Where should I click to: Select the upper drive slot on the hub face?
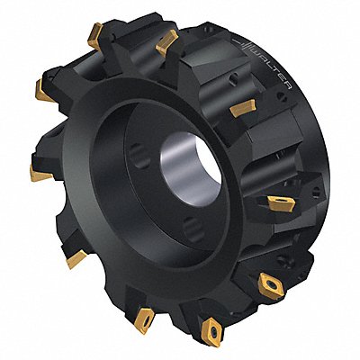[140, 155]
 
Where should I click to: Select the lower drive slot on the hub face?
[193, 230]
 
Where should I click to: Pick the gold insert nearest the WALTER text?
[243, 107]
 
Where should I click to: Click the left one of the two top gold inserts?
[95, 35]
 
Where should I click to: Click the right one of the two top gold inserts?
[166, 42]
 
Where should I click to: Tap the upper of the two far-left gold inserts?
[42, 91]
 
